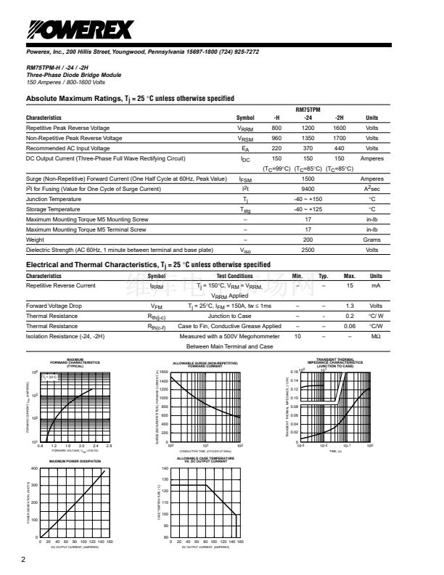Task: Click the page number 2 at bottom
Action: (x=24, y=560)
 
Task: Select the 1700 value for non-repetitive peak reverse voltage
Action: (x=339, y=138)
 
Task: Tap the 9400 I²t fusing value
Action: (x=308, y=189)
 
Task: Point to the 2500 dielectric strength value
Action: (x=308, y=250)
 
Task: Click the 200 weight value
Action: (x=308, y=240)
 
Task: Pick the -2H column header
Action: (x=339, y=118)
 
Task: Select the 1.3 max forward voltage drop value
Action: (x=349, y=306)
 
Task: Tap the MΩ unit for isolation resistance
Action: (x=376, y=337)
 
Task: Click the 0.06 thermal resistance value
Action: (x=349, y=327)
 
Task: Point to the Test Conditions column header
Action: (x=235, y=276)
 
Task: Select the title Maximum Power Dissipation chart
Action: (x=75, y=461)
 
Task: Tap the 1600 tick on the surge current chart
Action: (x=163, y=372)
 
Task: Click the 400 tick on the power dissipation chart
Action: (x=34, y=469)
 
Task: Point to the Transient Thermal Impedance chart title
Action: (x=335, y=363)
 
